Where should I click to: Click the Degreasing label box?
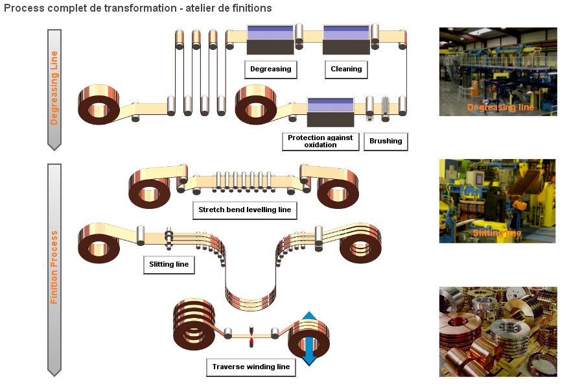[270, 69]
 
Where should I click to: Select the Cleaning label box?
[346, 69]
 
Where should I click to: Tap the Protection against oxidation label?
[320, 141]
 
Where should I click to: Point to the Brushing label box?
[386, 141]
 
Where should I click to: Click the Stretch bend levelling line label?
[245, 210]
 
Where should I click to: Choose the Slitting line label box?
[168, 265]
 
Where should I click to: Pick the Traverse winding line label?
[251, 367]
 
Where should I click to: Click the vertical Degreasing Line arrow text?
[54, 88]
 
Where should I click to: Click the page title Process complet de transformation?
[137, 8]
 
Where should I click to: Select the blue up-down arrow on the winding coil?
[309, 338]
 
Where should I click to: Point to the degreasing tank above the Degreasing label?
[270, 40]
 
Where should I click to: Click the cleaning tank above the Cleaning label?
[346, 40]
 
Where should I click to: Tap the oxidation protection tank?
[330, 112]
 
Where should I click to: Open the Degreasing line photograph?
[498, 71]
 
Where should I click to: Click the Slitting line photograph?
[497, 201]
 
